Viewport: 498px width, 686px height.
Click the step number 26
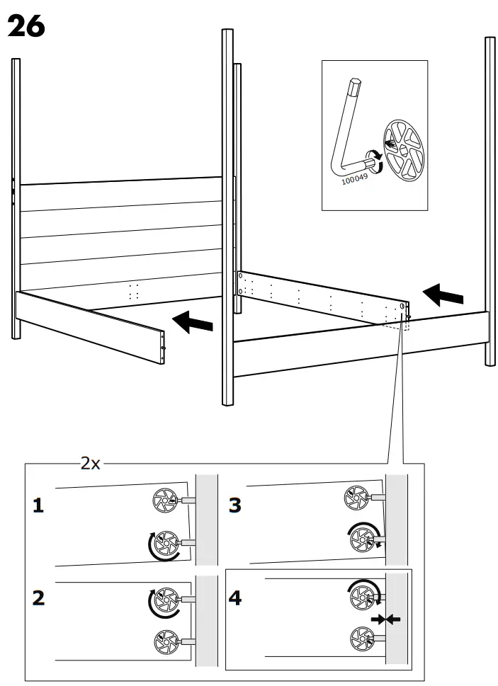pos(26,26)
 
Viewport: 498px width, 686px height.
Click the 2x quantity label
pos(90,464)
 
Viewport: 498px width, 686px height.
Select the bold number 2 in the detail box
pos(38,598)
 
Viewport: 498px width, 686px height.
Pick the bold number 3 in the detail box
pos(234,506)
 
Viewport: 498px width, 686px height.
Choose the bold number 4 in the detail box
pos(234,598)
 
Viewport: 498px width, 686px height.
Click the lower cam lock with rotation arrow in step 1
pos(167,543)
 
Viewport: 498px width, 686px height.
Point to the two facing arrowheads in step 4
pos(385,619)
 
